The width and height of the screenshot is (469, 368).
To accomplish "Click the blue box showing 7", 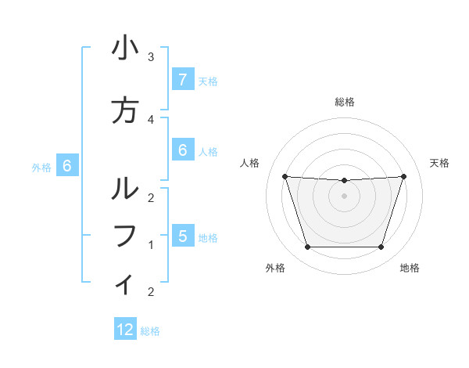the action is pos(182,79).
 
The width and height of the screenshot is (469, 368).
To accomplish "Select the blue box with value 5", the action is pos(182,236).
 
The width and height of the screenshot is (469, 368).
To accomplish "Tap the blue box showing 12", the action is pos(125,330).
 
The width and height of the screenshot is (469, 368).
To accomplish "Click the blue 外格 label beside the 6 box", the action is pos(41,166).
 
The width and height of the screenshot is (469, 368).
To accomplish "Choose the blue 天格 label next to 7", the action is pos(208,81).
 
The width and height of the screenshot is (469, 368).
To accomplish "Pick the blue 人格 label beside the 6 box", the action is pos(208,151).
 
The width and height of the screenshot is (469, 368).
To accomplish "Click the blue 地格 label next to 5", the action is pos(208,237).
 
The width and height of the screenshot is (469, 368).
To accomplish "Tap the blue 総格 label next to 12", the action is pos(150,331).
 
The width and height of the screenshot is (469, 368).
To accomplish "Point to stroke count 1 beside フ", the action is pos(150,245).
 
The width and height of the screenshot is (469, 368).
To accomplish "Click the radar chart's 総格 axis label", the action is pos(344,102).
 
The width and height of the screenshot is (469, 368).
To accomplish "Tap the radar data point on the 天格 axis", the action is pos(403,176).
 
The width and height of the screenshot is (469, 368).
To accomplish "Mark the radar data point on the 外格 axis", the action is pos(307,247).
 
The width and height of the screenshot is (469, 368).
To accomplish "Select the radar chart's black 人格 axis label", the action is pos(250,163).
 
